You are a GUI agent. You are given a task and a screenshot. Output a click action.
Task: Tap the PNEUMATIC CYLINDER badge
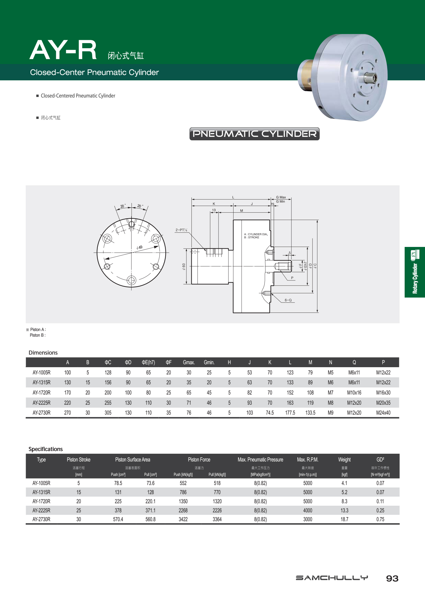pyautogui.click(x=254, y=134)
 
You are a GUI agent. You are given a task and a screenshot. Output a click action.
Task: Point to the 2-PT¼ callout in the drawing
pyautogui.click(x=181, y=230)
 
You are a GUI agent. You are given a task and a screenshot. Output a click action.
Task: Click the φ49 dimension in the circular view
pyautogui.click(x=140, y=247)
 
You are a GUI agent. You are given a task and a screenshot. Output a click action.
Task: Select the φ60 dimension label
pyautogui.click(x=184, y=266)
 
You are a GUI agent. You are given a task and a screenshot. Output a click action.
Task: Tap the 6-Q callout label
pyautogui.click(x=288, y=300)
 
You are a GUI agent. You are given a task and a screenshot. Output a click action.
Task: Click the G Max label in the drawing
pyautogui.click(x=281, y=197)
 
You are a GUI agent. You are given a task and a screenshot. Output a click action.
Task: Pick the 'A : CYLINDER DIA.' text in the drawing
pyautogui.click(x=256, y=234)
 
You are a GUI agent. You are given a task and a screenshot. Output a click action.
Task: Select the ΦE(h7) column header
pyautogui.click(x=148, y=362)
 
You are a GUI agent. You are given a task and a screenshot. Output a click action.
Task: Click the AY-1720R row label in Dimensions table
pyautogui.click(x=42, y=393)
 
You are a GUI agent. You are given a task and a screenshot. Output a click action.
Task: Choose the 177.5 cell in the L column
pyautogui.click(x=290, y=413)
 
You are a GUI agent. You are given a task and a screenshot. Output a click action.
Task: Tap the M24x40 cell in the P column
pyautogui.click(x=383, y=413)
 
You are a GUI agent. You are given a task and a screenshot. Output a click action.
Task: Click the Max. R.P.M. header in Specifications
pyautogui.click(x=308, y=460)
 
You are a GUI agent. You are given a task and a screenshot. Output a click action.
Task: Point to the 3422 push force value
pyautogui.click(x=183, y=519)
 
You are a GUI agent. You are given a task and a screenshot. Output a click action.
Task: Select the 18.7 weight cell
pyautogui.click(x=344, y=519)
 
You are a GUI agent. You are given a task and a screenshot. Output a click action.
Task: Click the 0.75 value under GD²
pyautogui.click(x=380, y=519)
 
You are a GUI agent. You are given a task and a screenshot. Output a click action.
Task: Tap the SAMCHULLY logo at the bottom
pyautogui.click(x=332, y=578)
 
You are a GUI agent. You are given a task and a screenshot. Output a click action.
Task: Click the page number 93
pyautogui.click(x=392, y=579)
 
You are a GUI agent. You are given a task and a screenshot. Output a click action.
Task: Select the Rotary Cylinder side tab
pyautogui.click(x=415, y=272)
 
